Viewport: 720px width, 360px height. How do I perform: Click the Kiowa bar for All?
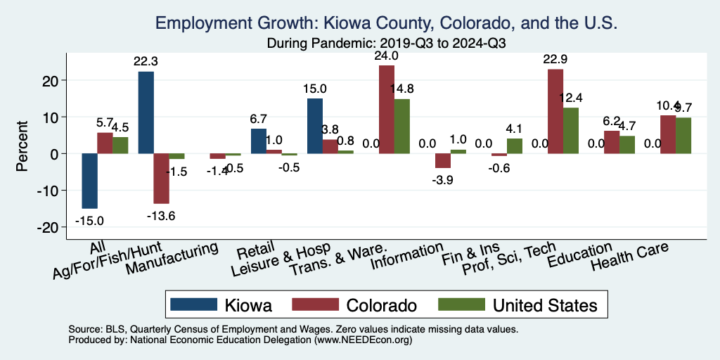pos(89,181)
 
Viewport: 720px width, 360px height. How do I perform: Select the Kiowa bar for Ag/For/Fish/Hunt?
pos(146,112)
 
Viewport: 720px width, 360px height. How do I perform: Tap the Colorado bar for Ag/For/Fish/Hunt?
pos(162,178)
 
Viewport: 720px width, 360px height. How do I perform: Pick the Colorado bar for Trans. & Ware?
pos(387,109)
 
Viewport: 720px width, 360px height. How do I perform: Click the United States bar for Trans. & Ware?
pos(401,126)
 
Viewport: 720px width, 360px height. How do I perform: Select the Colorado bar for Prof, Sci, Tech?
pos(555,111)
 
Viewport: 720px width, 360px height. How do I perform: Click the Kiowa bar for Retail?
pos(259,141)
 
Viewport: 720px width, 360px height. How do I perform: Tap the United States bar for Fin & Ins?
pos(514,146)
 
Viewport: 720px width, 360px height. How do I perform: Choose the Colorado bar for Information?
pos(443,160)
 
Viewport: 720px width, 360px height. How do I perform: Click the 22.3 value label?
pos(146,62)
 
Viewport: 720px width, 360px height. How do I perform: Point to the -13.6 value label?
pos(162,215)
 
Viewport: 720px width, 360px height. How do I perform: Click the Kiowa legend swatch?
pos(194,304)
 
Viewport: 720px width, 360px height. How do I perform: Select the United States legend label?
pos(545,304)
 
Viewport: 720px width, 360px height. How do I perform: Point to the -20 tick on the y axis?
pos(49,227)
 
